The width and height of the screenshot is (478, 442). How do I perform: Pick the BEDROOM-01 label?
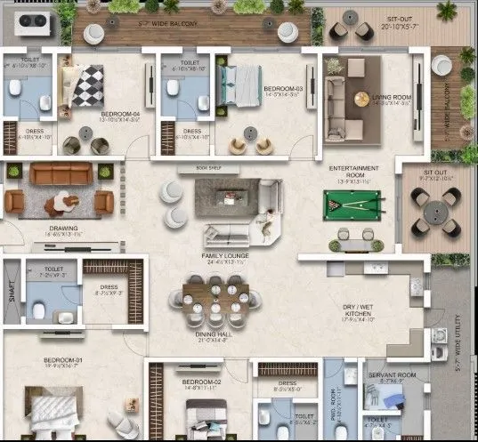coord(62,360)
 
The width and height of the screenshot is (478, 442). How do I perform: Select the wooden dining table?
coord(213,301)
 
